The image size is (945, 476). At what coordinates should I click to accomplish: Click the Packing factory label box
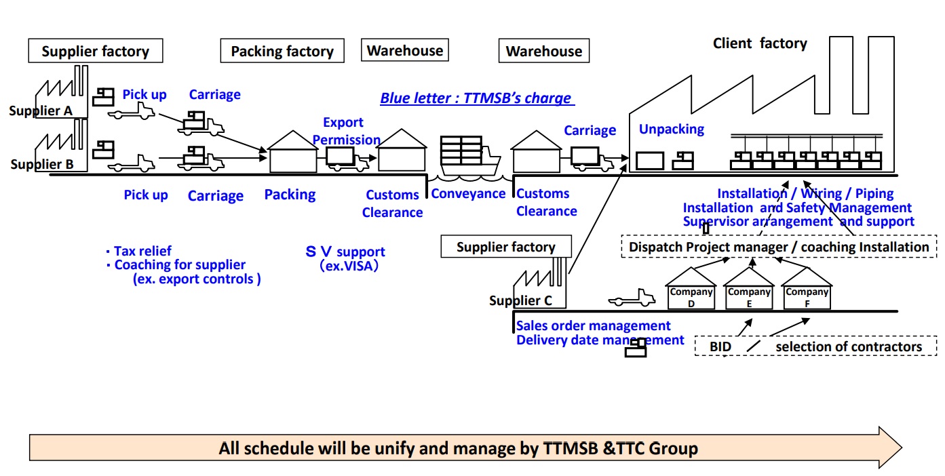282,51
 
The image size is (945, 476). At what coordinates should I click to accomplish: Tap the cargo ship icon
470,155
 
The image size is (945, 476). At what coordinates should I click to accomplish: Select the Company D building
691,288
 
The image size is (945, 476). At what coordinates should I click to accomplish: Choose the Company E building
749,288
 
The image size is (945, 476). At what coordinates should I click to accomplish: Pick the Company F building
807,288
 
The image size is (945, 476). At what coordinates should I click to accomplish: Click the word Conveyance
468,193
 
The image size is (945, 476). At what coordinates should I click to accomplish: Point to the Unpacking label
671,129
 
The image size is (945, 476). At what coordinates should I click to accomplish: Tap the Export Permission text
346,131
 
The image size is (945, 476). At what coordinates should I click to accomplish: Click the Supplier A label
41,111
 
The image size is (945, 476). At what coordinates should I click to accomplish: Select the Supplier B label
42,164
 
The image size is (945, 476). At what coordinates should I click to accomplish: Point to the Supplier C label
520,300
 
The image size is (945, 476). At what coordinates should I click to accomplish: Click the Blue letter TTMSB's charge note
477,98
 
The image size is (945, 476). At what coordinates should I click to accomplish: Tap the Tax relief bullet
139,252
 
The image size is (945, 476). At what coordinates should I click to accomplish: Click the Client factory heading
760,43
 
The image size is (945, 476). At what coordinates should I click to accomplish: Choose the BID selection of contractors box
815,346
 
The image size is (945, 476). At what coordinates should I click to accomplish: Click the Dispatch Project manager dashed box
779,247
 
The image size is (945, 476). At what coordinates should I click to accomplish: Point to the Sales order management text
593,325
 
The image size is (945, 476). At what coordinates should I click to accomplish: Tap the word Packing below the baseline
290,195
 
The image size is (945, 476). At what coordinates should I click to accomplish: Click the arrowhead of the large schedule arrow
891,448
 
